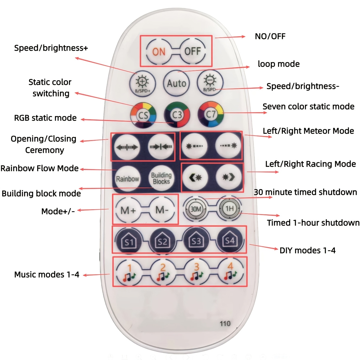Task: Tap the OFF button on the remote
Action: (193, 51)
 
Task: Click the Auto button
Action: (176, 83)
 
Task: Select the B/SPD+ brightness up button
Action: (143, 84)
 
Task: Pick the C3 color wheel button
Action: (177, 115)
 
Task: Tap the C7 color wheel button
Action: (211, 114)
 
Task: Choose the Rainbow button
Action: (127, 179)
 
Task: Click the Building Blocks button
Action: (161, 178)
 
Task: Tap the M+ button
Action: (128, 210)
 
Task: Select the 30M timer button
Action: (196, 209)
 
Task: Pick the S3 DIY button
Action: (196, 240)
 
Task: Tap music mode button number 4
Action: (230, 271)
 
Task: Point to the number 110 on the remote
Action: (225, 324)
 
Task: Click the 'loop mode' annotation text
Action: (279, 64)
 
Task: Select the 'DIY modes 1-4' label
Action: (307, 250)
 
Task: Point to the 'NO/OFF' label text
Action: (270, 36)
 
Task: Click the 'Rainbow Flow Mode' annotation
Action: (39, 168)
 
